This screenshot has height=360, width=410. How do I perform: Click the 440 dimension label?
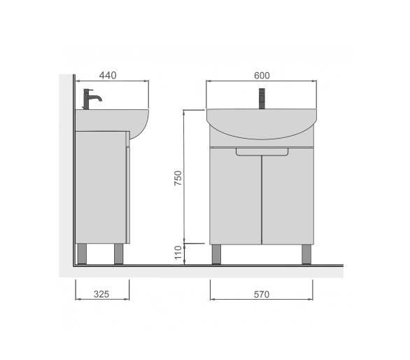pyautogui.click(x=108, y=76)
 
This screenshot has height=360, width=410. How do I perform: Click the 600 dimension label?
pyautogui.click(x=262, y=76)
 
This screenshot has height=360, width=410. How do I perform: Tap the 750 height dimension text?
pyautogui.click(x=178, y=178)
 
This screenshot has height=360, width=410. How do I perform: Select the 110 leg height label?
pyautogui.click(x=178, y=252)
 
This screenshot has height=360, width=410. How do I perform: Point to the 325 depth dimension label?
pyautogui.click(x=101, y=294)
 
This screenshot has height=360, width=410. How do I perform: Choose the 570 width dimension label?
pyautogui.click(x=262, y=295)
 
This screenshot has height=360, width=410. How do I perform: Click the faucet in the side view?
pyautogui.click(x=90, y=99)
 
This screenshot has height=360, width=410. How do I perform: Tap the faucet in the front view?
pyautogui.click(x=262, y=99)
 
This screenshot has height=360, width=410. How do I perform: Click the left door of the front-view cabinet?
pyautogui.click(x=236, y=196)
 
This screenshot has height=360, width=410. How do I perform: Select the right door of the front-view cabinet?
pyautogui.click(x=288, y=196)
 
